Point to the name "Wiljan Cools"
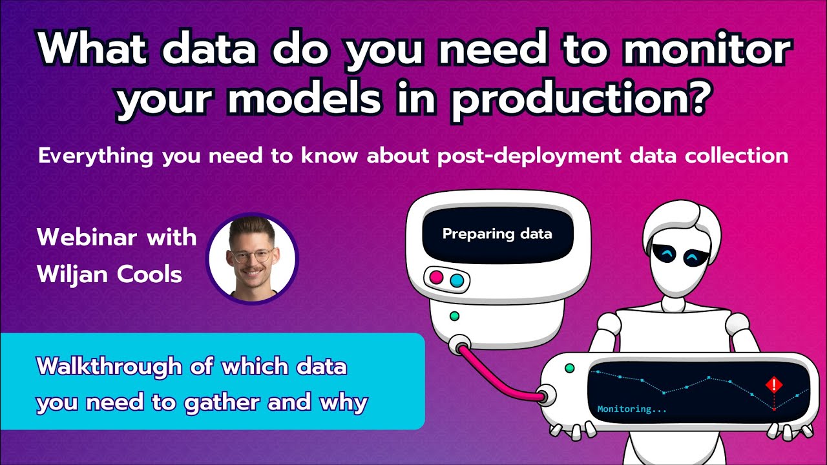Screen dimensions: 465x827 (x=109, y=274)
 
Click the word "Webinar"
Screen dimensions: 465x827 (x=80, y=237)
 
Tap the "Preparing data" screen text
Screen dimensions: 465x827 (x=497, y=233)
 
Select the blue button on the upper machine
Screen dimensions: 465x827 (x=457, y=280)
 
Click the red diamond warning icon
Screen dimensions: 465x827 (x=773, y=386)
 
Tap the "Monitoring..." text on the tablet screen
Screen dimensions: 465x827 (x=631, y=409)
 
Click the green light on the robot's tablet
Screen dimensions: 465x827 (x=569, y=368)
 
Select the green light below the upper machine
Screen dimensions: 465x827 (x=454, y=316)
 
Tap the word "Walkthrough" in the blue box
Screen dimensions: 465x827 (x=109, y=367)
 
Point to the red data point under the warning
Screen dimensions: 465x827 (x=773, y=409)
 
